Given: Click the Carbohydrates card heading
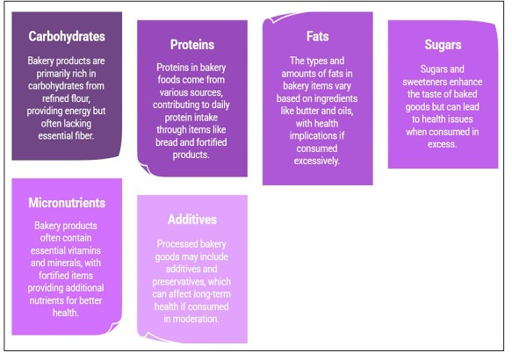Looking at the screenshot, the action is (x=67, y=37).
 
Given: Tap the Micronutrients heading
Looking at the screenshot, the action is (x=67, y=203).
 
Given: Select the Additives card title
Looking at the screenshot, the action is (x=192, y=220).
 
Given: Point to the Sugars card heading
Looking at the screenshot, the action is (x=443, y=45).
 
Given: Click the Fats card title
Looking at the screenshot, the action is (x=317, y=36).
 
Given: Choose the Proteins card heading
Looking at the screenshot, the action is (x=192, y=45).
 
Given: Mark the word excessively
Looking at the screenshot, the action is (x=316, y=161).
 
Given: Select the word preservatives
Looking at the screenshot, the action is (x=178, y=282).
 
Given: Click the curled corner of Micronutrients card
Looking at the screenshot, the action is (x=114, y=327).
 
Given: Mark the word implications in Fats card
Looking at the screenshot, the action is (x=317, y=136).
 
